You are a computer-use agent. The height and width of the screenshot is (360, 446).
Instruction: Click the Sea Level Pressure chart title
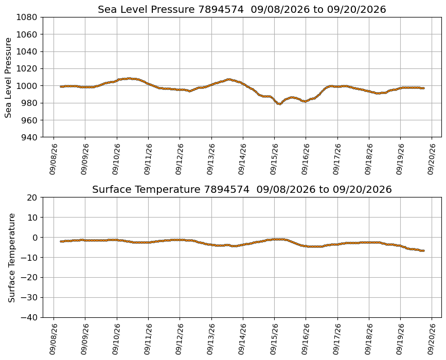(242, 9)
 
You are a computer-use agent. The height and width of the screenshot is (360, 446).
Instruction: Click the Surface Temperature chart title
(242, 189)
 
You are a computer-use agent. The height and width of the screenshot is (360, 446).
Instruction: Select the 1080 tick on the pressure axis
(26, 17)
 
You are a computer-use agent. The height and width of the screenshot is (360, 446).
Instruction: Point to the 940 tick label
(29, 137)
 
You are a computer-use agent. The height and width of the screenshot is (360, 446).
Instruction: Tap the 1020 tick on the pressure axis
(26, 68)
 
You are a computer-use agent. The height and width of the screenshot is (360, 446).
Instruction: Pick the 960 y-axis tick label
(29, 120)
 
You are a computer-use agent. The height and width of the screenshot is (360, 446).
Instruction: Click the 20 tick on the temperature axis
(32, 197)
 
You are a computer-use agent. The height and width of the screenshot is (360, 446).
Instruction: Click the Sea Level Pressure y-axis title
(8, 77)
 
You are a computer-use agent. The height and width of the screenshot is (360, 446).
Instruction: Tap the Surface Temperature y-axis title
(11, 258)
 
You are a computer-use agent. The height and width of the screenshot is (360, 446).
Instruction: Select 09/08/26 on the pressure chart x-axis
(53, 159)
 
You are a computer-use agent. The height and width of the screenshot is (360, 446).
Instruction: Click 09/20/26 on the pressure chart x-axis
(432, 159)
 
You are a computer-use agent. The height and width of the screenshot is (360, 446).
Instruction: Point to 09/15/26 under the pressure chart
(274, 159)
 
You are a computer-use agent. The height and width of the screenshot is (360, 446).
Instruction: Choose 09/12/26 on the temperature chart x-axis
(180, 339)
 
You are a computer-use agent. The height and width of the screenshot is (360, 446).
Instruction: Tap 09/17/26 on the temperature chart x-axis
(337, 339)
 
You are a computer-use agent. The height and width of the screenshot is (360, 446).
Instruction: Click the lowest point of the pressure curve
(280, 104)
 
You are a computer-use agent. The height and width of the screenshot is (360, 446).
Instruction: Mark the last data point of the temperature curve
(423, 250)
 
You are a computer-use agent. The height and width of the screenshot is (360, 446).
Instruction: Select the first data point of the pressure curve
(61, 86)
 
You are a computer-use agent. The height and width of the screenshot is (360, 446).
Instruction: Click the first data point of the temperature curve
(61, 241)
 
